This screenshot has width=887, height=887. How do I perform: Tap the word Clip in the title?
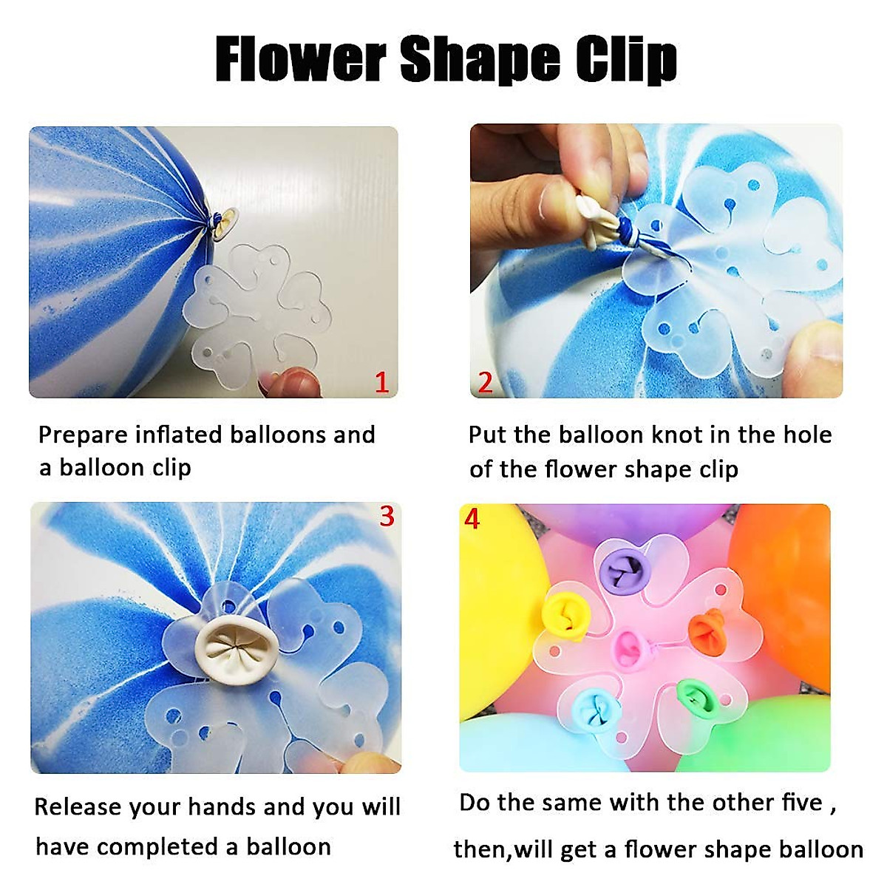[626, 61]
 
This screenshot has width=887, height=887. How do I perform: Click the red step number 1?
[381, 382]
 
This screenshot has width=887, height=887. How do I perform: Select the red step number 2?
[485, 382]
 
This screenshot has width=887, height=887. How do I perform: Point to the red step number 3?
[387, 516]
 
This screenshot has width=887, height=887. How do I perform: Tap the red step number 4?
[472, 519]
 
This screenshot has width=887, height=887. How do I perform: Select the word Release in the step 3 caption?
[78, 806]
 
